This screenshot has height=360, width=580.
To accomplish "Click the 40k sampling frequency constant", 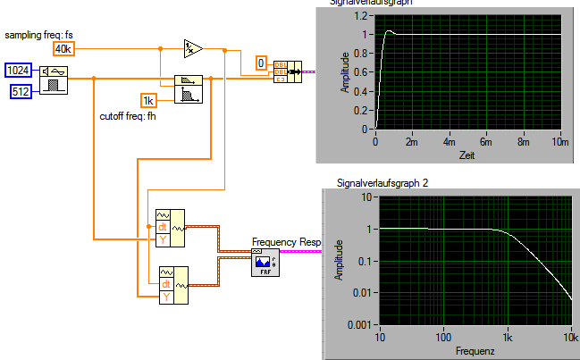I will [65, 47].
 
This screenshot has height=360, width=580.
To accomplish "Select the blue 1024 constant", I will [19, 70].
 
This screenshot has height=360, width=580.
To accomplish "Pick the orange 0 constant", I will [261, 63].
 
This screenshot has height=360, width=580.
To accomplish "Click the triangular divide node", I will [192, 47].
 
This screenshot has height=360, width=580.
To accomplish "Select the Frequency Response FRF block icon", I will [264, 264].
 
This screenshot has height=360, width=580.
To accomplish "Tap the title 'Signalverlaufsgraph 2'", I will [382, 183].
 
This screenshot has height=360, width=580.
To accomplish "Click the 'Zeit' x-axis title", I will [467, 155].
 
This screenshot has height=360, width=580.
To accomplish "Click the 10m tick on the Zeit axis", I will [560, 142].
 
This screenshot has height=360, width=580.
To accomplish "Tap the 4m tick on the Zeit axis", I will [449, 142].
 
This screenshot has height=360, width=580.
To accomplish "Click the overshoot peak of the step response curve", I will [388, 30].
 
